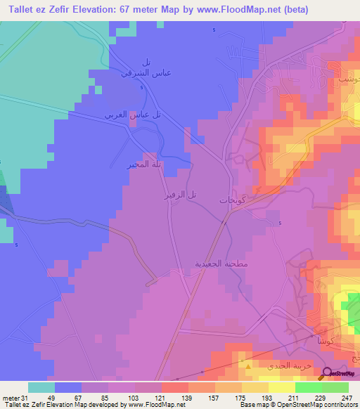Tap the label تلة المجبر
coord(141,165)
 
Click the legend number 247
coord(347,397)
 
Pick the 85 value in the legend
coord(107,397)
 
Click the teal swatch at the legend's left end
coord(41,387)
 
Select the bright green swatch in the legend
coord(309,387)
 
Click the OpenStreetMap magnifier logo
coord(328,373)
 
